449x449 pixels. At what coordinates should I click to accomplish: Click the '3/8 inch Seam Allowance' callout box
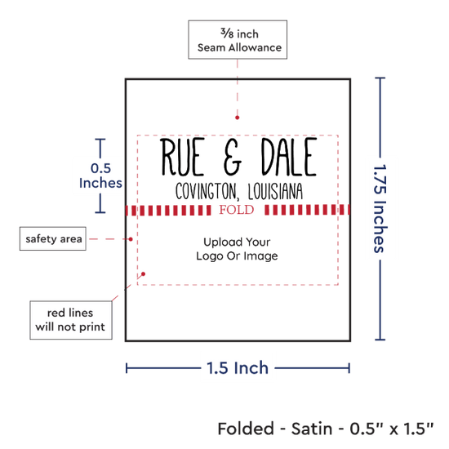[238, 40]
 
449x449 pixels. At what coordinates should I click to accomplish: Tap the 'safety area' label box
[53, 238]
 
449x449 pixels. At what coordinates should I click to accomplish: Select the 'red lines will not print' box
[71, 320]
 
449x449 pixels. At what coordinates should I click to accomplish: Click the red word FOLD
[237, 210]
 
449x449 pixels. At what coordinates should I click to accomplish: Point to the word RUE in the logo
[182, 157]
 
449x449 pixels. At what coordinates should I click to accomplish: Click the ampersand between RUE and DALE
[233, 157]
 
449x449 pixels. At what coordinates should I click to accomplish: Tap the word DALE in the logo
[289, 157]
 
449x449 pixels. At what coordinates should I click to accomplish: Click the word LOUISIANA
[275, 191]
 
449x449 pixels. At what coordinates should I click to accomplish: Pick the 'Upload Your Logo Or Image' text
[237, 249]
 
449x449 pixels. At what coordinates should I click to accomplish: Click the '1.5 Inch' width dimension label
[238, 368]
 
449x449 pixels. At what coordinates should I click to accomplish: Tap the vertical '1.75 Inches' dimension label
[380, 208]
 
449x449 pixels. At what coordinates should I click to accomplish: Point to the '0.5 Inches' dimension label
[100, 176]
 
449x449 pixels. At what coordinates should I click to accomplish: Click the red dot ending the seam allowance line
[237, 118]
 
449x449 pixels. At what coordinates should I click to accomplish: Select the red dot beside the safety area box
[131, 239]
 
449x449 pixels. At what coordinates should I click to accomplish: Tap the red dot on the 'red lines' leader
[143, 274]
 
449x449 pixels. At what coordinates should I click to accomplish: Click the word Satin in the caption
[312, 429]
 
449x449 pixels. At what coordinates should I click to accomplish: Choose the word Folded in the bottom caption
[246, 429]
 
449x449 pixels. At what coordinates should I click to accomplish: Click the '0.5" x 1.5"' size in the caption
[392, 429]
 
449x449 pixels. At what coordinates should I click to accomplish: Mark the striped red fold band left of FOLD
[168, 210]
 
